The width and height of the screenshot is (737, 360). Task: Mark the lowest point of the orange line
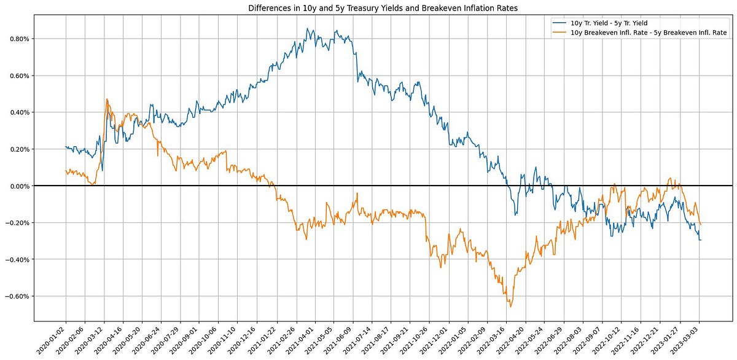pos(510,307)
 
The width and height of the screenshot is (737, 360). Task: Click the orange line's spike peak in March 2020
pos(107,99)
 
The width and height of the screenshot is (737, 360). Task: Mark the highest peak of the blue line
pos(307,28)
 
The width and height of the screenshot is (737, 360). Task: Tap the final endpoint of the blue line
pos(701,240)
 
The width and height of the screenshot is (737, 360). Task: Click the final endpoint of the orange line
pos(701,224)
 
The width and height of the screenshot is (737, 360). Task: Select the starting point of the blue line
pos(65,147)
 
